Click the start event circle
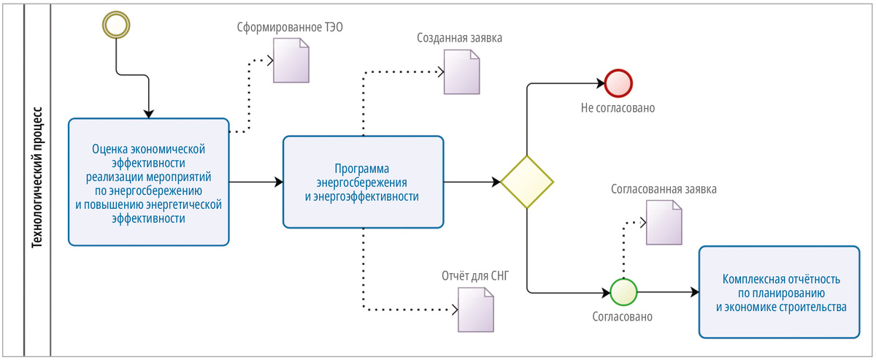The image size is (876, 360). pyautogui.click(x=116, y=25)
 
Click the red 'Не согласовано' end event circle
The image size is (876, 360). pyautogui.click(x=618, y=83)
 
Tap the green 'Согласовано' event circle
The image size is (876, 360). pyautogui.click(x=623, y=292)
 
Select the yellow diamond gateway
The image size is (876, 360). pyautogui.click(x=527, y=182)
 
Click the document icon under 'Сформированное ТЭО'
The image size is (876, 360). pyautogui.click(x=291, y=61)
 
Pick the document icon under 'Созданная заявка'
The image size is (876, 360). pyautogui.click(x=461, y=72)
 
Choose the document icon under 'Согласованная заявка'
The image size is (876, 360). pyautogui.click(x=664, y=223)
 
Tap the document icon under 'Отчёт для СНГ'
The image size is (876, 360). pyautogui.click(x=475, y=310)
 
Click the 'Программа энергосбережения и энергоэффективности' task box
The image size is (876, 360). pyautogui.click(x=363, y=182)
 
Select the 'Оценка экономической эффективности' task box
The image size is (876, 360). pyautogui.click(x=149, y=182)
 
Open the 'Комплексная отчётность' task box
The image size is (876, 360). pyautogui.click(x=779, y=292)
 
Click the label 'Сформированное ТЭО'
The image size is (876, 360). pyautogui.click(x=290, y=28)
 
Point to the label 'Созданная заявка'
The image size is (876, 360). pyautogui.click(x=459, y=38)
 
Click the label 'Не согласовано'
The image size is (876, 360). pyautogui.click(x=618, y=108)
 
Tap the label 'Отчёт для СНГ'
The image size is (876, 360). pyautogui.click(x=475, y=276)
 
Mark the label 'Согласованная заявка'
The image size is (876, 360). pyautogui.click(x=664, y=189)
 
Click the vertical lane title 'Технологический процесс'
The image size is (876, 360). pyautogui.click(x=37, y=177)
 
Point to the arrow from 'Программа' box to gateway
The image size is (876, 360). pyautogui.click(x=472, y=182)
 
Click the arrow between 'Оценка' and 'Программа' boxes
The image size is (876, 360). pyautogui.click(x=256, y=182)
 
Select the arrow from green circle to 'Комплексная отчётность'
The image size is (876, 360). pyautogui.click(x=669, y=292)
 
